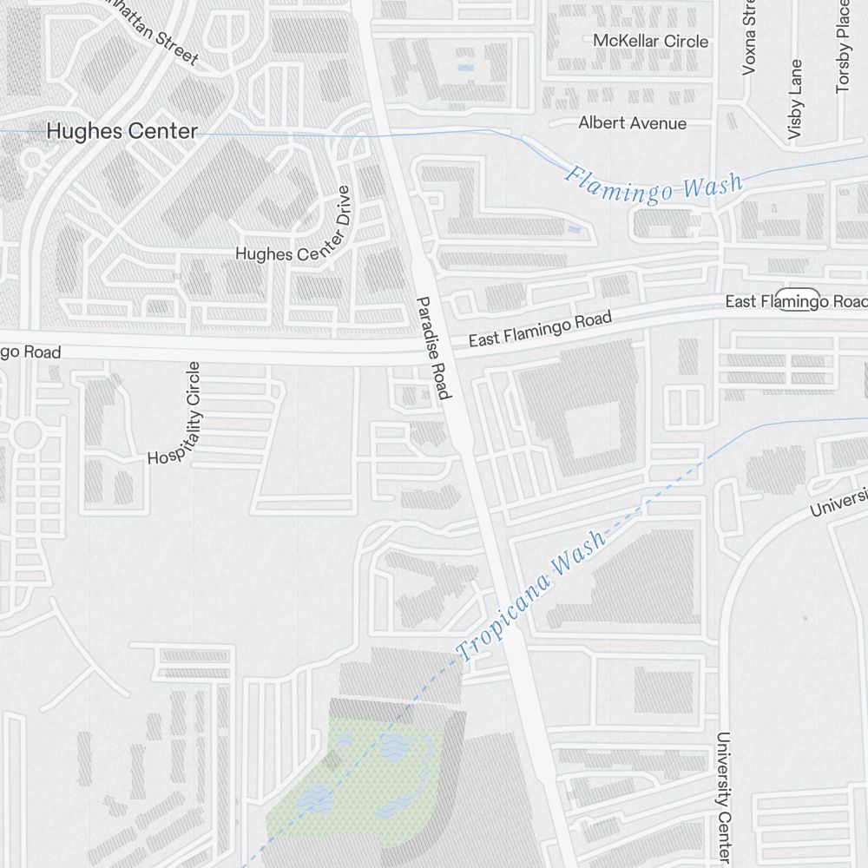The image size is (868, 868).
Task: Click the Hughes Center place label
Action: pyautogui.click(x=122, y=131)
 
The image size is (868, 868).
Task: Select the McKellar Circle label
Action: pyautogui.click(x=650, y=41)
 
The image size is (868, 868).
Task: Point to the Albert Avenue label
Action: pyautogui.click(x=632, y=123)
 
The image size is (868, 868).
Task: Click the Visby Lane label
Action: pyautogui.click(x=795, y=99)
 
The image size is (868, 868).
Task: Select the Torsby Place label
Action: pyautogui.click(x=842, y=48)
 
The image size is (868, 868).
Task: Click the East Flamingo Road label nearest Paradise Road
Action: pyautogui.click(x=540, y=329)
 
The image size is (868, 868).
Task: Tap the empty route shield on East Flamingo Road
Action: pyautogui.click(x=797, y=299)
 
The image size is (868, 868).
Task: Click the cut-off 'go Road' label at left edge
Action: pyautogui.click(x=30, y=352)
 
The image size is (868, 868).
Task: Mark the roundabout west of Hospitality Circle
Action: pyautogui.click(x=28, y=434)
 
